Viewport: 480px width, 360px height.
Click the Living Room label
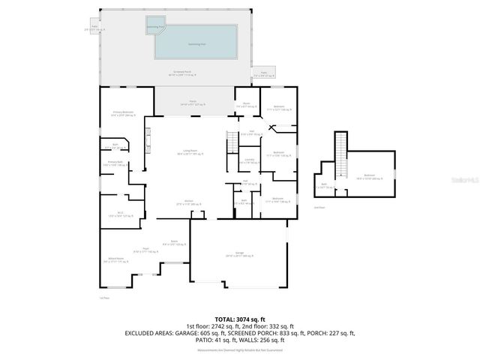pyautogui.click(x=189, y=153)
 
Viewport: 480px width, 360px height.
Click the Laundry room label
pyautogui.click(x=250, y=161)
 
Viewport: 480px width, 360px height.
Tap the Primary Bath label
pyautogui.click(x=115, y=163)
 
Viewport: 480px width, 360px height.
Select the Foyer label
pyautogui.click(x=147, y=250)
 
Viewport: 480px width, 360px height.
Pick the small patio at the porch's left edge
pyautogui.click(x=95, y=29)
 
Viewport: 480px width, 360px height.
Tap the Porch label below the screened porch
pyautogui.click(x=192, y=103)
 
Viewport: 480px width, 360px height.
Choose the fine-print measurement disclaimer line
pyautogui.click(x=239, y=349)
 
